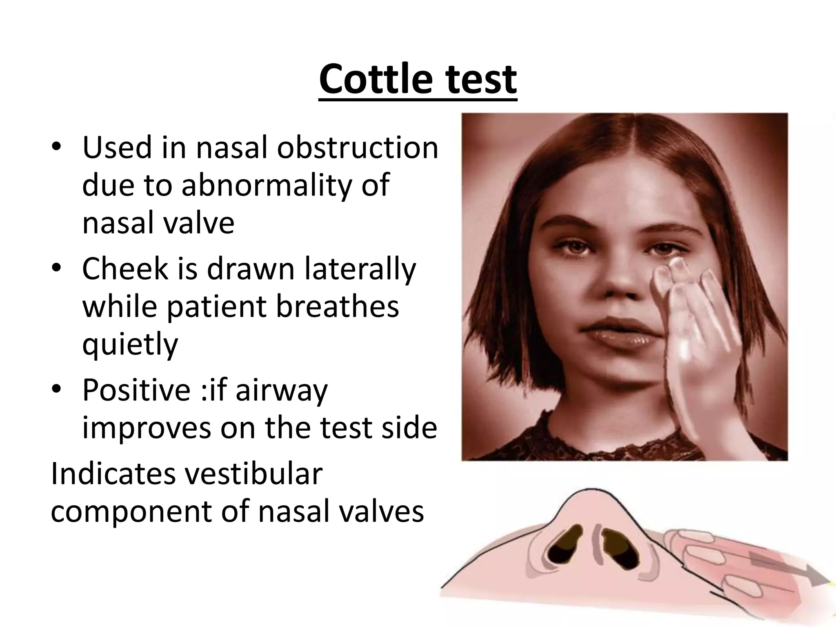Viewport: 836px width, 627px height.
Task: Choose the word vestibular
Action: [255, 474]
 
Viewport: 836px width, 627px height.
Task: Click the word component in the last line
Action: [131, 511]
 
